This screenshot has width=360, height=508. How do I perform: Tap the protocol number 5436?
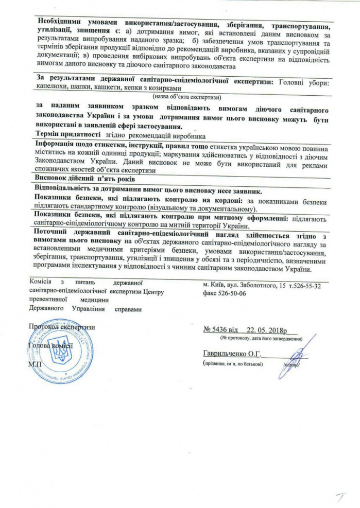[222, 330]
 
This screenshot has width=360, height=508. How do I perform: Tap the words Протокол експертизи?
[62, 327]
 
